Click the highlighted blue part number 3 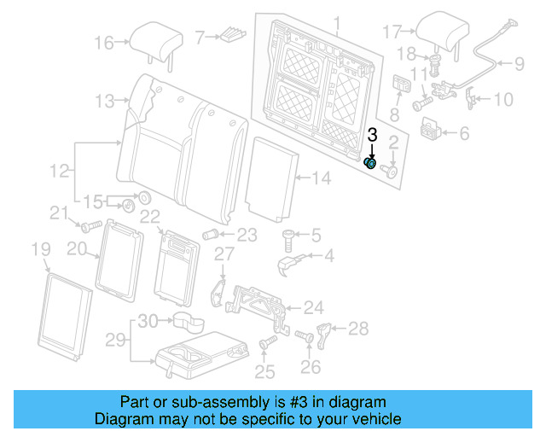point(371,162)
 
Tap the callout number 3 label point(372,135)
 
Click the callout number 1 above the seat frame point(336,23)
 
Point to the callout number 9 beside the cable point(519,62)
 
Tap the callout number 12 point(58,172)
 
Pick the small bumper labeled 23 point(211,235)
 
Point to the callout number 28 point(359,329)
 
